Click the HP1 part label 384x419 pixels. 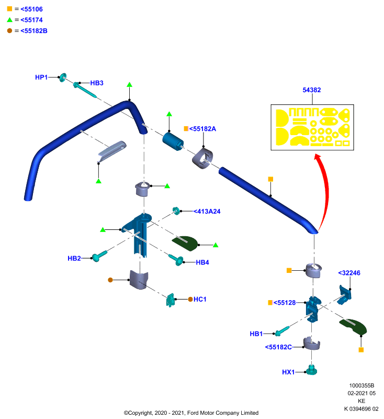tap(41, 77)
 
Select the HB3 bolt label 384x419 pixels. tap(97, 83)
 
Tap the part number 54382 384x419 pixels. tap(311, 90)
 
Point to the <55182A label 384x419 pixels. tap(202, 129)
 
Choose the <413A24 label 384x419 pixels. tap(207, 212)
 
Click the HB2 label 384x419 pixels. tap(74, 258)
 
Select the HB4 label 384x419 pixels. tap(202, 262)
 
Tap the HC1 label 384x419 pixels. tap(200, 299)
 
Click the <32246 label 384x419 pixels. tap(349, 273)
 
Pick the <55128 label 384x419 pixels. tap(285, 303)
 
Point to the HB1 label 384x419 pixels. tap(256, 334)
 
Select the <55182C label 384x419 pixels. tap(278, 347)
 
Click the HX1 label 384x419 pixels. tap(288, 372)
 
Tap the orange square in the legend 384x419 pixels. tap(9, 9)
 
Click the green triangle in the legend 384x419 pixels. tap(9, 19)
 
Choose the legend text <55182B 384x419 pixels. tap(34, 31)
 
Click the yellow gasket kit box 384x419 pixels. tap(312, 127)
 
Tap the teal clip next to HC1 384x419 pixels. tap(170, 300)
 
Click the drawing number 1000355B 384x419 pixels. tap(362, 385)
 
